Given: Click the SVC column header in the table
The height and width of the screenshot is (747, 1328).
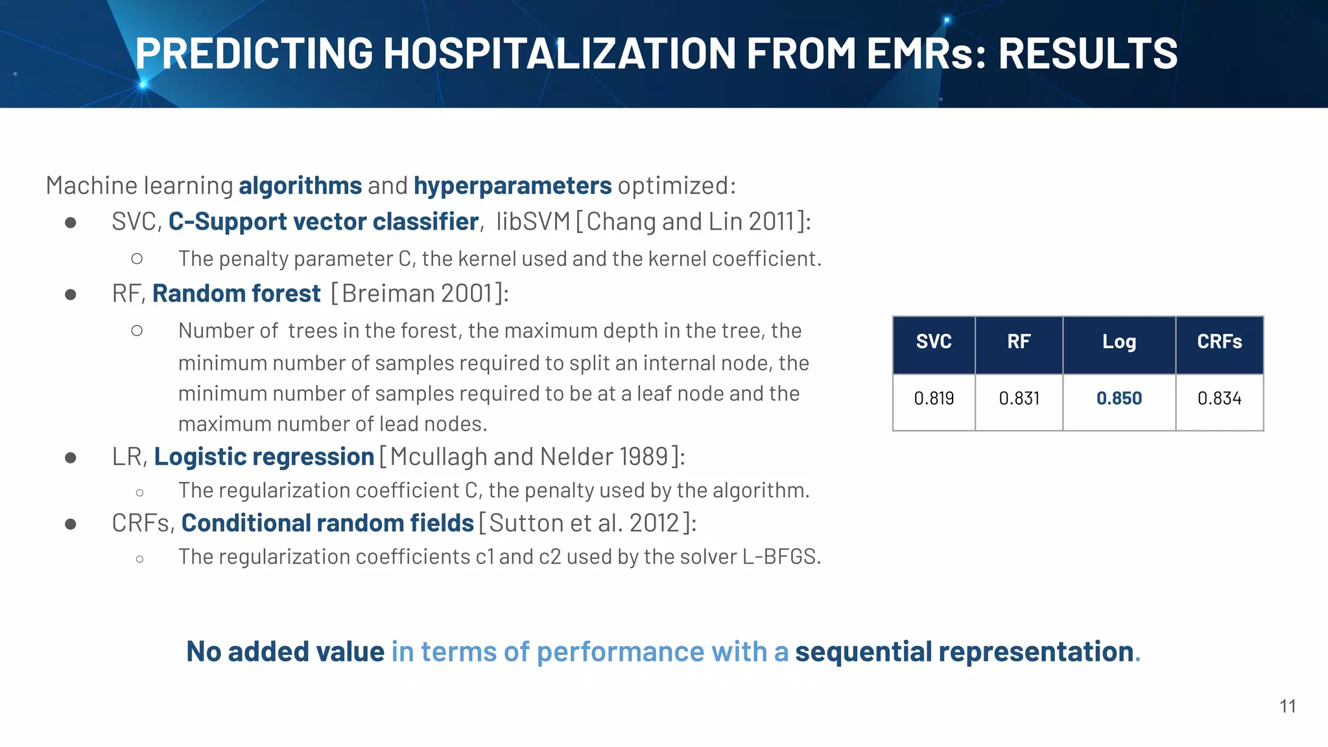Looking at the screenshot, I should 934,342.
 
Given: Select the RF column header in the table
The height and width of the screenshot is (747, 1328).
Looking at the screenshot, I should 1019,342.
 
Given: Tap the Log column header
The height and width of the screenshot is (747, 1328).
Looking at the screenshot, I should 1119,342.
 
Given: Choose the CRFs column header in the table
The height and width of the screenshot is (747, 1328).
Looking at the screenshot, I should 1219,342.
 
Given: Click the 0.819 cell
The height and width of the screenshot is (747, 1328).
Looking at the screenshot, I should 934,398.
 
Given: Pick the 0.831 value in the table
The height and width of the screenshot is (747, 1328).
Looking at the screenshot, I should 1019,398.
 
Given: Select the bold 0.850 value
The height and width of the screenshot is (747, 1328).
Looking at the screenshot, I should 1119,398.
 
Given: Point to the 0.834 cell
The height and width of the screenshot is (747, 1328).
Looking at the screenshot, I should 1219,398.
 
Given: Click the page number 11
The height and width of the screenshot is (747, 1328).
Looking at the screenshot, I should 1288,706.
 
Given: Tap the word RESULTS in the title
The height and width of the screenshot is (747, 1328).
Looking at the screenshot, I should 1087,53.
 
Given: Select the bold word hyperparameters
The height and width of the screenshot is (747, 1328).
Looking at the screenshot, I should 512,186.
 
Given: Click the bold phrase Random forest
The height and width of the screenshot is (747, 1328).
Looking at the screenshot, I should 236,294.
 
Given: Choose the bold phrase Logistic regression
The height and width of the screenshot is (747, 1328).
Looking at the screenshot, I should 264,457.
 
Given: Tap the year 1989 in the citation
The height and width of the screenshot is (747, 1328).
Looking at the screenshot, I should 643,457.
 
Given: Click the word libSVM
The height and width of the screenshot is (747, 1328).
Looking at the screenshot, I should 533,222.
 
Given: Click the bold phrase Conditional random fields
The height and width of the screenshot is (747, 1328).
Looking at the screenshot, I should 327,523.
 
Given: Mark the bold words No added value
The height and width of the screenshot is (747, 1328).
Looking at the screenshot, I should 285,652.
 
